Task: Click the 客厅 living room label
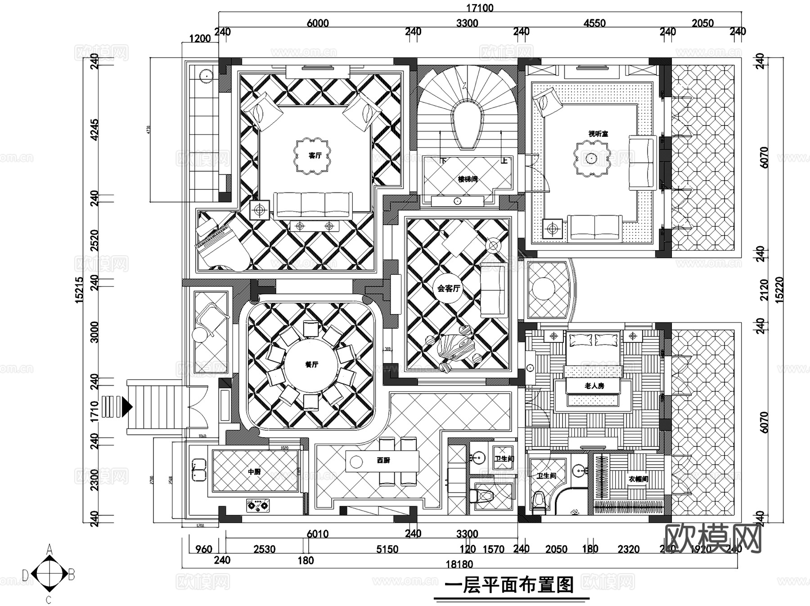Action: tap(315, 156)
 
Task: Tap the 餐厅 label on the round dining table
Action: tap(311, 364)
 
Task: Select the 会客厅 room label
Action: tap(448, 288)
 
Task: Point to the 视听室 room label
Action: tap(598, 134)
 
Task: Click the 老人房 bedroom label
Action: tap(594, 386)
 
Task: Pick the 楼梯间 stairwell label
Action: tap(468, 179)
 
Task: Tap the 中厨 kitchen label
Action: tap(254, 471)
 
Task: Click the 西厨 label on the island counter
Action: tap(383, 461)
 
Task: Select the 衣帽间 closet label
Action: tap(638, 479)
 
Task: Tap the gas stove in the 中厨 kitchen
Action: tap(258, 506)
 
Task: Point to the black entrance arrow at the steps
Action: tap(127, 407)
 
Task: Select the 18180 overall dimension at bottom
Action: tap(459, 564)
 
